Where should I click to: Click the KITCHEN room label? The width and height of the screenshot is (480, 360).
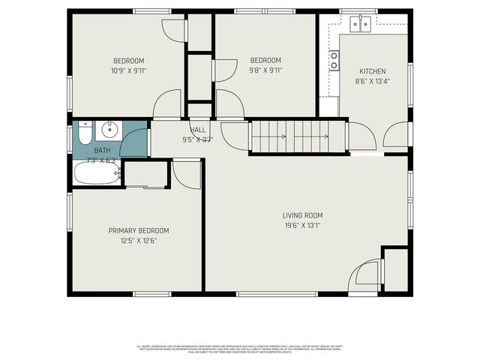pyautogui.click(x=371, y=71)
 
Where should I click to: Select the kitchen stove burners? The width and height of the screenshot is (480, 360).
pyautogui.click(x=334, y=60)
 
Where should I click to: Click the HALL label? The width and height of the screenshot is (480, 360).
pyautogui.click(x=197, y=130)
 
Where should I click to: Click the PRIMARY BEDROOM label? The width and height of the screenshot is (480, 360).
pyautogui.click(x=139, y=230)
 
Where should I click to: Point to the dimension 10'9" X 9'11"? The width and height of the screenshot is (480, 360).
pyautogui.click(x=128, y=71)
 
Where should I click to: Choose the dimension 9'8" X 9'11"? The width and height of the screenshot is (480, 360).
pyautogui.click(x=265, y=71)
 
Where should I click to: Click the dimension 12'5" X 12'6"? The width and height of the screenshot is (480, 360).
pyautogui.click(x=139, y=241)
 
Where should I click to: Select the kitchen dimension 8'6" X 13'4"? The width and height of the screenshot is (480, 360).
pyautogui.click(x=371, y=82)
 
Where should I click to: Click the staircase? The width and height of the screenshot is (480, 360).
pyautogui.click(x=298, y=136)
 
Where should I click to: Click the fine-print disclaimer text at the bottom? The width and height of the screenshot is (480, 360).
pyautogui.click(x=240, y=347)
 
